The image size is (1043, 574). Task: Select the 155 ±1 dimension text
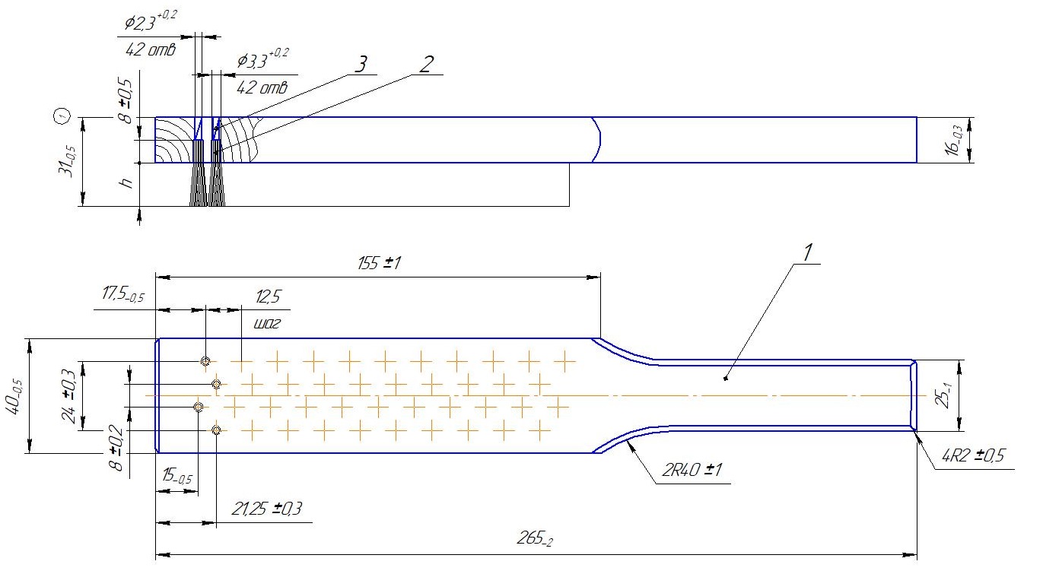377,265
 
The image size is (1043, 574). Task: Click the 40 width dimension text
15,395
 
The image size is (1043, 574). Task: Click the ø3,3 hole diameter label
263,59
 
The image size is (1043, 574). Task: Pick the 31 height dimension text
68,162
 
